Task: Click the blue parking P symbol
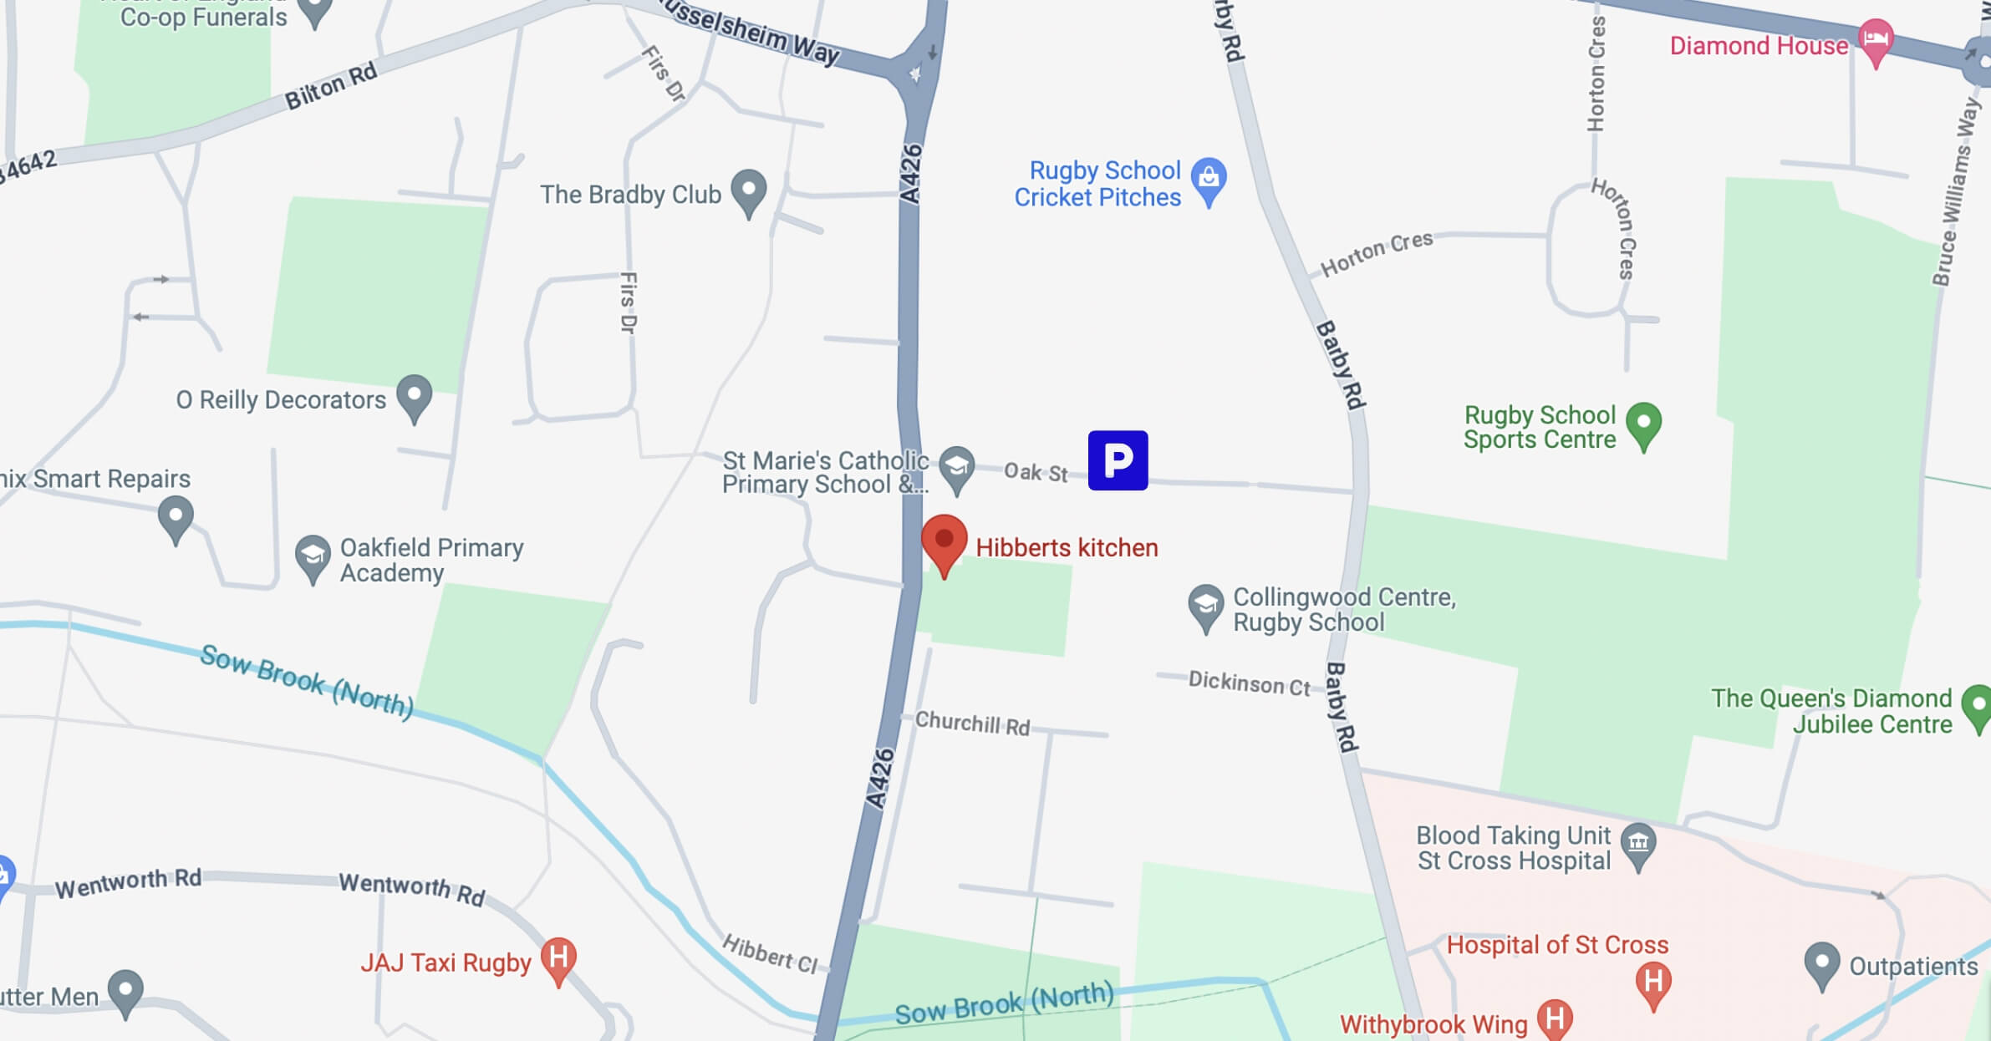point(1118,460)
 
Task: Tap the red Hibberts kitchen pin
point(945,541)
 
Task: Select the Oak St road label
point(1036,472)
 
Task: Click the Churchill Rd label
point(972,723)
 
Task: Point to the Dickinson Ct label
point(1249,683)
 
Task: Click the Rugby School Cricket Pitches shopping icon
point(1209,178)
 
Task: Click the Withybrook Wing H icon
point(1555,1019)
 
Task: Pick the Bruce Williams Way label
point(1956,192)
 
